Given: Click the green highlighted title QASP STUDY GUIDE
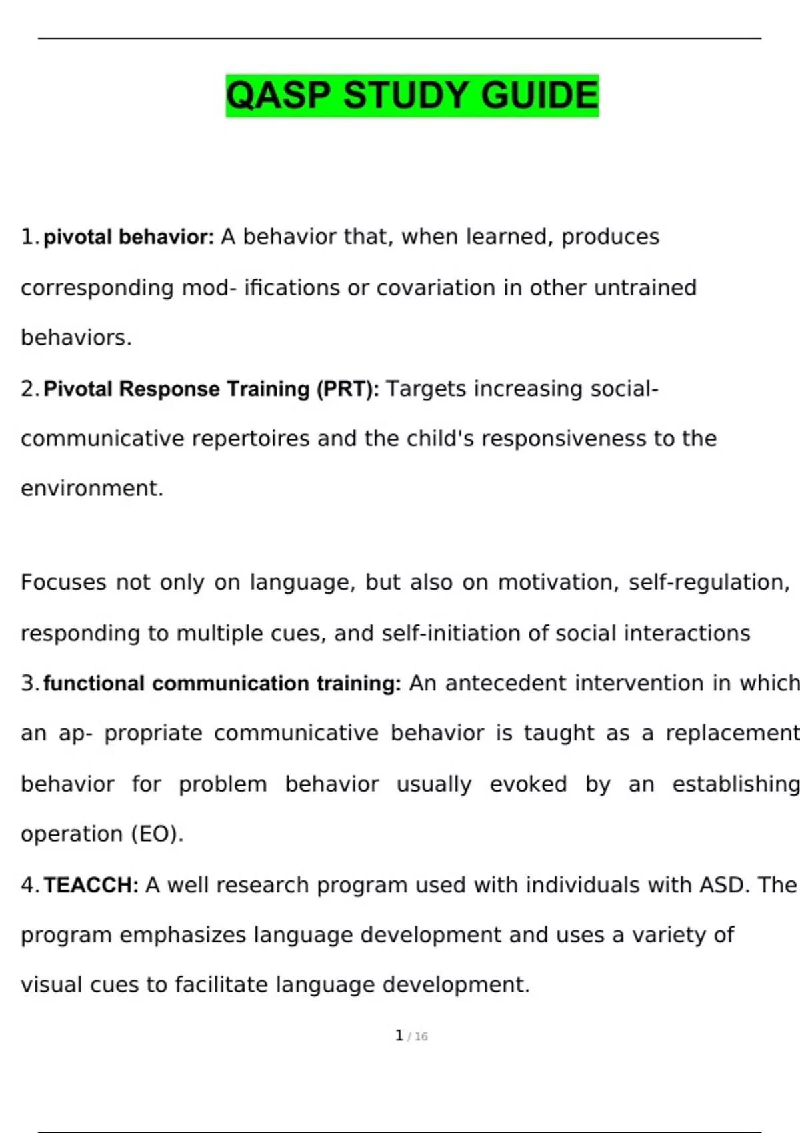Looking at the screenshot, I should [x=412, y=95].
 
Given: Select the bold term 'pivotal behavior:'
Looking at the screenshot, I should [x=129, y=237].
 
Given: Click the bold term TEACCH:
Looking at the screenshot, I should [x=91, y=885].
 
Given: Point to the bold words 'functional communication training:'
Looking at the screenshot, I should [x=222, y=684].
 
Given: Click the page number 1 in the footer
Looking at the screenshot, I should [x=399, y=1036].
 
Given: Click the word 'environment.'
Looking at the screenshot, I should [x=92, y=489].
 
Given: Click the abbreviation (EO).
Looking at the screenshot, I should [x=157, y=834].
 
